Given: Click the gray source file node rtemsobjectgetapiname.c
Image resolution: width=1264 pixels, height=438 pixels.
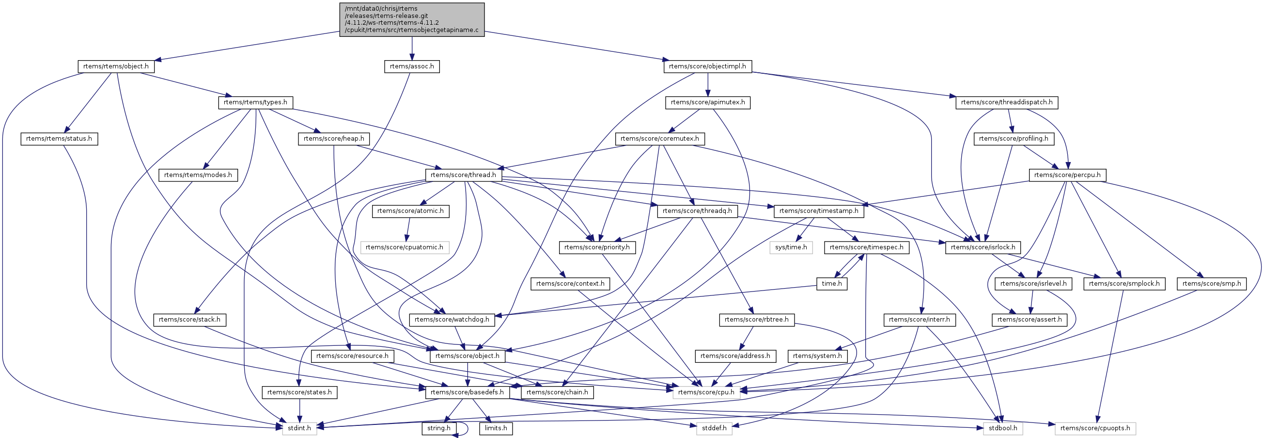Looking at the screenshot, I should (412, 19).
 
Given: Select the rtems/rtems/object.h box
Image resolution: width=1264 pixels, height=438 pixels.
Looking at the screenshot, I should (116, 66).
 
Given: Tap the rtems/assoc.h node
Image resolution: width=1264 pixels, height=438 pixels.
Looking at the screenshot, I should (412, 66).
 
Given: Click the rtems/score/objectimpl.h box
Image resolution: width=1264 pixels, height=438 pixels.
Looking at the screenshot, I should (707, 66).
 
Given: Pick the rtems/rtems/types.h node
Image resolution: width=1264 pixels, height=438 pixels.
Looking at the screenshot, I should (256, 103).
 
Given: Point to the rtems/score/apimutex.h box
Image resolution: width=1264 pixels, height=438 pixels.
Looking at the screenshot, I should (707, 103).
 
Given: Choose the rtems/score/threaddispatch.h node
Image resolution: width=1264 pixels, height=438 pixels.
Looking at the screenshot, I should (1006, 103).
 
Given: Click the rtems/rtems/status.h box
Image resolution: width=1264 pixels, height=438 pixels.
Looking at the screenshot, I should (59, 139).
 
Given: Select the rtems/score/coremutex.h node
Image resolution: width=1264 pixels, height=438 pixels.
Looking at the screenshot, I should (659, 139).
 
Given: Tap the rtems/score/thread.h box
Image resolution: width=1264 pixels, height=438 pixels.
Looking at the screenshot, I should (463, 175).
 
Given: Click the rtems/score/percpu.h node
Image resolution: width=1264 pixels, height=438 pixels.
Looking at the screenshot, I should (1067, 175).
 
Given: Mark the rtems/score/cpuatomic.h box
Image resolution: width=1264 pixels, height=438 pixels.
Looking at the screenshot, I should (405, 247).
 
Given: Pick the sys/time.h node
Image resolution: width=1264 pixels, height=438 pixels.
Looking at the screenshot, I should (791, 247).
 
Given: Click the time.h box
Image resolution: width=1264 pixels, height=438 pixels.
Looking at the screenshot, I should (832, 284).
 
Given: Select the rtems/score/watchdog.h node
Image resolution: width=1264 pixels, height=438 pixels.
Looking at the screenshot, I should (452, 320).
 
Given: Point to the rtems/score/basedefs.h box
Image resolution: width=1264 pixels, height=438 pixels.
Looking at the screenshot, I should (467, 392).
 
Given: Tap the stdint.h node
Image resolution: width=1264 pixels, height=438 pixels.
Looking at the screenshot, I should (299, 428).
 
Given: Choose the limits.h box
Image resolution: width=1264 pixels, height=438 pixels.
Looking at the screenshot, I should (496, 428).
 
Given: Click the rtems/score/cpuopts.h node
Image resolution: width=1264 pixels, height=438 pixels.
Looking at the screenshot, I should (1095, 428).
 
